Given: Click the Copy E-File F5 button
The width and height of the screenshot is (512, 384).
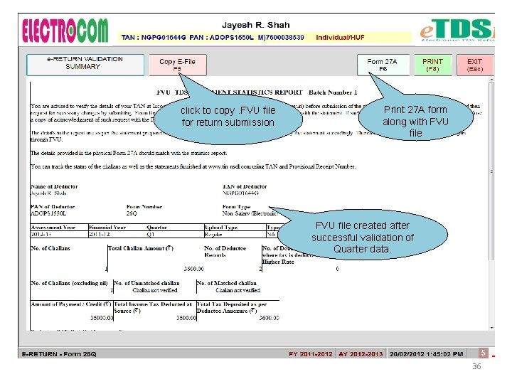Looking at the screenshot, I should pyautogui.click(x=177, y=65).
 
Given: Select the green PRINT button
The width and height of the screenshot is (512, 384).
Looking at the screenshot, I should pyautogui.click(x=432, y=65).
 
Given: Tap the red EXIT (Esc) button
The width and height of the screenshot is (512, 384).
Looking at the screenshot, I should pyautogui.click(x=474, y=65).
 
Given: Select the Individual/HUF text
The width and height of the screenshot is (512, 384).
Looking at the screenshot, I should pyautogui.click(x=340, y=37).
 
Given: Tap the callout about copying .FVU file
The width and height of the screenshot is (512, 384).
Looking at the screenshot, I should pyautogui.click(x=228, y=117).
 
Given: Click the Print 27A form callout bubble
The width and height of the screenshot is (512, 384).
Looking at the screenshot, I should pyautogui.click(x=415, y=120).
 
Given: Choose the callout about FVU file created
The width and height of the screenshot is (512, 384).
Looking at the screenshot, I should pyautogui.click(x=362, y=237).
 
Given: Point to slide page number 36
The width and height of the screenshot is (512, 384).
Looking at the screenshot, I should pyautogui.click(x=476, y=367).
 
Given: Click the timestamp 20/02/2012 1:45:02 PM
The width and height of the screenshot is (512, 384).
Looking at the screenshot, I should pyautogui.click(x=425, y=353).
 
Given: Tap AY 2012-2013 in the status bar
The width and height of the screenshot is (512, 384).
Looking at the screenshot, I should pyautogui.click(x=361, y=353).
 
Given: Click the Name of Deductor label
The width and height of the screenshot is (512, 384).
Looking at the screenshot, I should pyautogui.click(x=54, y=186).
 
